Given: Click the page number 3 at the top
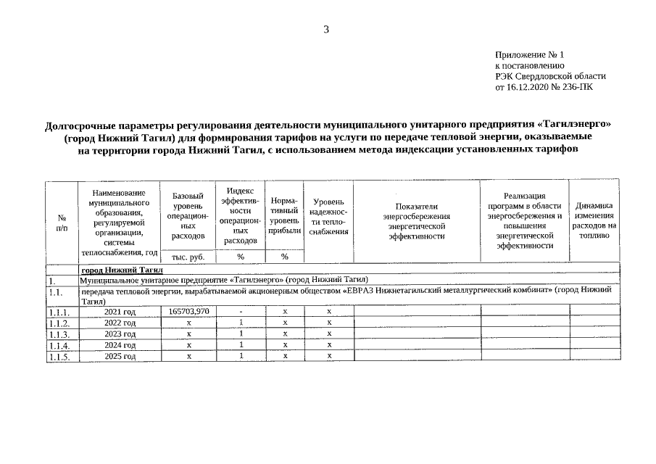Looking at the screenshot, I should pos(326,29).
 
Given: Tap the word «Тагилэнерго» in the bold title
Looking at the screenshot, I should pos(578,124).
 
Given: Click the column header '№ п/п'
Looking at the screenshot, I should pos(62,222).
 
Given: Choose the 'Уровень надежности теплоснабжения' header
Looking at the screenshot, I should pos(328,215).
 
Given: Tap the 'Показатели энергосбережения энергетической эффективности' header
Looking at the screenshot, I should pos(416,221).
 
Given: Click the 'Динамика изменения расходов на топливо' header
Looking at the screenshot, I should pos(594,215).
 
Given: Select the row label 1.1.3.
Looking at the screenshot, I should pos(59,334).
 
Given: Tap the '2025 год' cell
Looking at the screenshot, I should pos(120,356).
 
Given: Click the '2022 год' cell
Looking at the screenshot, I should pos(120,323).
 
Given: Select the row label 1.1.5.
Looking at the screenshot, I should pos(59,357).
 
